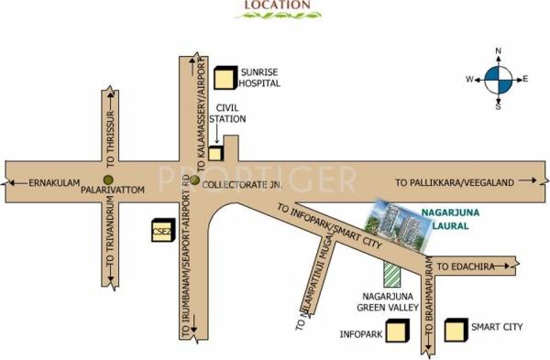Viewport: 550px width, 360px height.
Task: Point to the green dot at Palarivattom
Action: click(x=108, y=180)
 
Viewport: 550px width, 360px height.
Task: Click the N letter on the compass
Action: click(x=499, y=51)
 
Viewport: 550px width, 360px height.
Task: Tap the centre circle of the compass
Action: click(x=499, y=79)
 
